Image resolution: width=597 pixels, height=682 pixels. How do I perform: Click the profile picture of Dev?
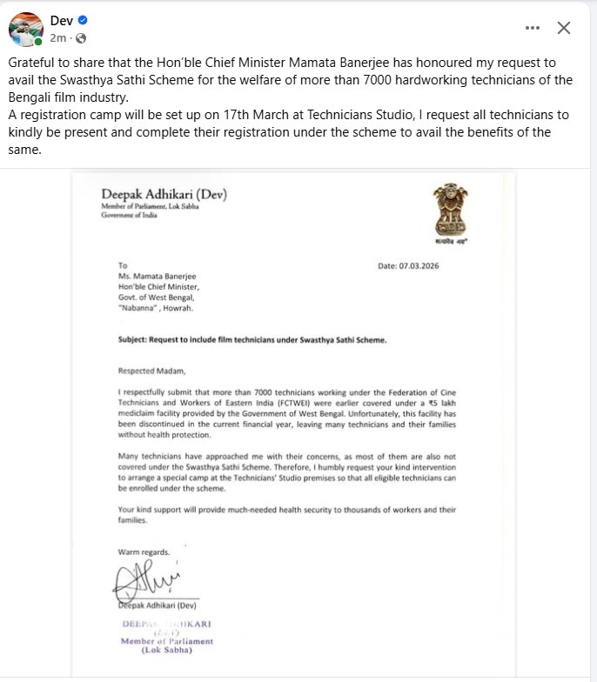click(26, 29)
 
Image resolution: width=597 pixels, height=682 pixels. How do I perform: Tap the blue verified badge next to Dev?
click(82, 20)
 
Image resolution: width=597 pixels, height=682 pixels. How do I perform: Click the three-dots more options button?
click(533, 28)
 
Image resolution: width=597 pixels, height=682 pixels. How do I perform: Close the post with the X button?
click(564, 28)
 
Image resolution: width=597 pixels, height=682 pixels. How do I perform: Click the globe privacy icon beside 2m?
click(81, 38)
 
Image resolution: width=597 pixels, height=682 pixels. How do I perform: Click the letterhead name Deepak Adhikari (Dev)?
click(164, 194)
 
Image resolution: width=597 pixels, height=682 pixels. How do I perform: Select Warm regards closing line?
click(144, 552)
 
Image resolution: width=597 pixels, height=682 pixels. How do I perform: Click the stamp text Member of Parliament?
click(167, 641)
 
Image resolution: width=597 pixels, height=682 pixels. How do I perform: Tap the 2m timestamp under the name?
click(58, 38)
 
